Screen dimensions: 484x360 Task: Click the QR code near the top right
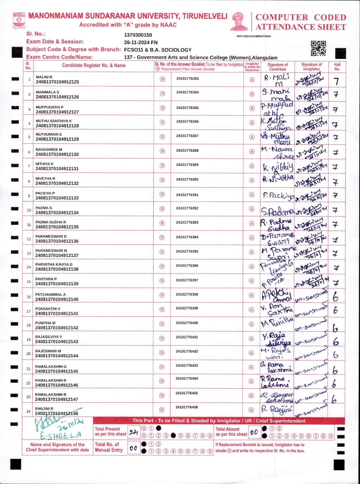[x=318, y=48]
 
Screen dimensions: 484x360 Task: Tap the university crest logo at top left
[x=19, y=20]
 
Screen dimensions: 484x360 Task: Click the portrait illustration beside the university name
[x=239, y=21]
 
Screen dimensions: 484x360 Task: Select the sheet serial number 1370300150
[x=138, y=35]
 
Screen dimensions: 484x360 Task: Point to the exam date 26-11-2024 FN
[x=141, y=42]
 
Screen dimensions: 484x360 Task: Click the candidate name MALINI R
[x=44, y=77]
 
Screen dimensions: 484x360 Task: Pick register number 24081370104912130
[x=57, y=154]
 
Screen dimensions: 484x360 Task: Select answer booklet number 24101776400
[x=187, y=323]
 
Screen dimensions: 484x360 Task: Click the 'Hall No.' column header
[x=337, y=67]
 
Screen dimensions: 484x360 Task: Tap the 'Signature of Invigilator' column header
[x=311, y=67]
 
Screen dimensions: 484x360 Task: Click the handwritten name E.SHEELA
[x=60, y=436]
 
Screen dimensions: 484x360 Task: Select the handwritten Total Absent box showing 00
[x=254, y=432]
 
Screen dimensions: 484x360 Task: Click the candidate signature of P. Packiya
[x=278, y=196]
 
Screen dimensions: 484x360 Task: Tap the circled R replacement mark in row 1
[x=162, y=79]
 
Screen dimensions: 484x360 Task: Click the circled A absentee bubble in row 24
[x=251, y=410]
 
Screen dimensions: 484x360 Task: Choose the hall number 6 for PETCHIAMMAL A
[x=335, y=297]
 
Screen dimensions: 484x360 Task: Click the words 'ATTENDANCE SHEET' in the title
[x=301, y=27]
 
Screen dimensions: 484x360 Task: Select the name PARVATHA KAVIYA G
[x=54, y=264]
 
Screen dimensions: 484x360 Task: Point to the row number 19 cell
[x=29, y=339]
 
